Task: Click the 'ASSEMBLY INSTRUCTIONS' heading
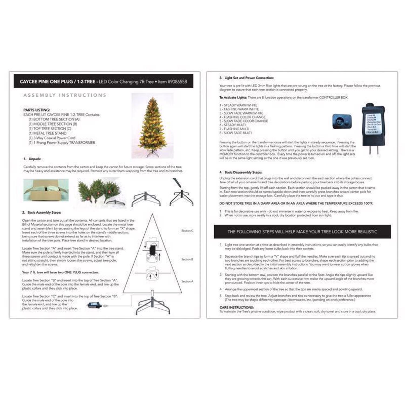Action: [x=65, y=95]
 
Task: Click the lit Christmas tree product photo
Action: [x=152, y=126]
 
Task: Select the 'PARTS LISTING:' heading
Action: [x=37, y=110]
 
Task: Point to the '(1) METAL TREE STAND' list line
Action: [x=48, y=133]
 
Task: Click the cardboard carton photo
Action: [x=46, y=190]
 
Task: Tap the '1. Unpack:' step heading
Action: [x=32, y=159]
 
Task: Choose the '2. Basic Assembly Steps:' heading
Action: [x=42, y=212]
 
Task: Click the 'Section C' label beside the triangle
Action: [x=187, y=231]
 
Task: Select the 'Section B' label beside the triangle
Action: [x=187, y=259]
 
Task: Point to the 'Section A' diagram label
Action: [x=187, y=281]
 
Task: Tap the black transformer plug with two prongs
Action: [x=373, y=127]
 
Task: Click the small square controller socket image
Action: [x=342, y=121]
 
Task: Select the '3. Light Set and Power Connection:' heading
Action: [x=246, y=78]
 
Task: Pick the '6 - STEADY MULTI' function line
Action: [x=232, y=125]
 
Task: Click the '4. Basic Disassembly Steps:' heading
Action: [x=240, y=172]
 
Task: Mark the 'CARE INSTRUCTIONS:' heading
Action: [x=237, y=307]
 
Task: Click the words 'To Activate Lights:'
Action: [x=233, y=97]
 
